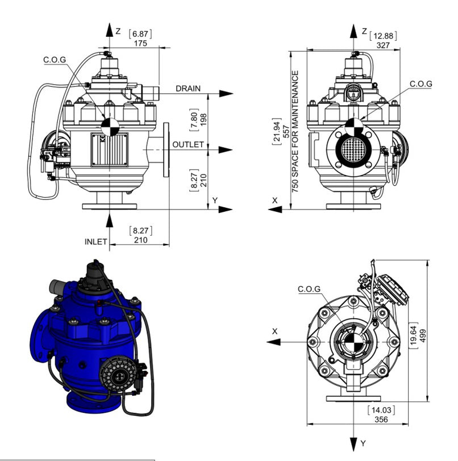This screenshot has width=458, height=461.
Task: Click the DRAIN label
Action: tap(188, 89)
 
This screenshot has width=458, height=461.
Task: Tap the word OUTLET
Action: tap(188, 145)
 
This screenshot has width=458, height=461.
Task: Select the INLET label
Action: tap(96, 241)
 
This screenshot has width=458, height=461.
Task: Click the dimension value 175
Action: tap(140, 43)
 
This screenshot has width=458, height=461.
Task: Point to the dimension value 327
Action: tap(383, 45)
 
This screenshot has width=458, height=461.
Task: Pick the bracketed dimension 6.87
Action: tap(140, 34)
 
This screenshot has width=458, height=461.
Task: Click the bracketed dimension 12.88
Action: tap(383, 36)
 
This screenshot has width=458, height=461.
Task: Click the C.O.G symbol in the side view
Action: tap(110, 127)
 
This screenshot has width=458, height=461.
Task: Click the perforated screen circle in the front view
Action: tap(353, 149)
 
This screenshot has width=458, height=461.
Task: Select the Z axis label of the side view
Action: tap(118, 31)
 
